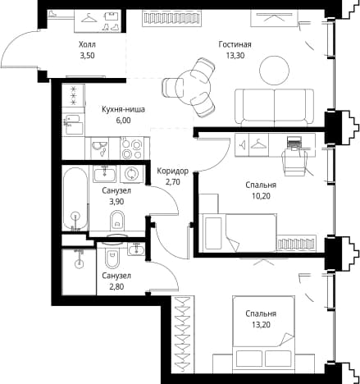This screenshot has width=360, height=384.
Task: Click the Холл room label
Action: (87, 44)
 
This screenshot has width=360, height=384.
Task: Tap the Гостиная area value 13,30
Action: (235, 56)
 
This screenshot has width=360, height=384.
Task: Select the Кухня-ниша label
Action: (123, 109)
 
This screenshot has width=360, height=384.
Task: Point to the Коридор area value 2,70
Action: (173, 181)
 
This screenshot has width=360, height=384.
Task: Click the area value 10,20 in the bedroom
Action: (261, 196)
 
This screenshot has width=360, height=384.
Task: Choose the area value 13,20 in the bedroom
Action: (261, 325)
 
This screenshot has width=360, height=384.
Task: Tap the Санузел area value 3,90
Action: (116, 202)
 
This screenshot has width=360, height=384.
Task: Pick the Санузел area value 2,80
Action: (116, 286)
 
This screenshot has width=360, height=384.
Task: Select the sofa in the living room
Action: (274, 106)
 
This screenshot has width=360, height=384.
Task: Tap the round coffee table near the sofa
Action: (274, 71)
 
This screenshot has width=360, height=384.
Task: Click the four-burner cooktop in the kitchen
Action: (132, 149)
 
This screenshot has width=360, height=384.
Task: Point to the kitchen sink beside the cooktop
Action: (99, 148)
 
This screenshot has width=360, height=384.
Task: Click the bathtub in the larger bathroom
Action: (75, 199)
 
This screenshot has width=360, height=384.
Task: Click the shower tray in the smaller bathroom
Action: (79, 272)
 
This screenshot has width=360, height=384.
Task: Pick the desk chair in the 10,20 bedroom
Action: (294, 162)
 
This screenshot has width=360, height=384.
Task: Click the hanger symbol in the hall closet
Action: (89, 18)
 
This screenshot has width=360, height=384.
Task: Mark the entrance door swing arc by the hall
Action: (14, 46)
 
